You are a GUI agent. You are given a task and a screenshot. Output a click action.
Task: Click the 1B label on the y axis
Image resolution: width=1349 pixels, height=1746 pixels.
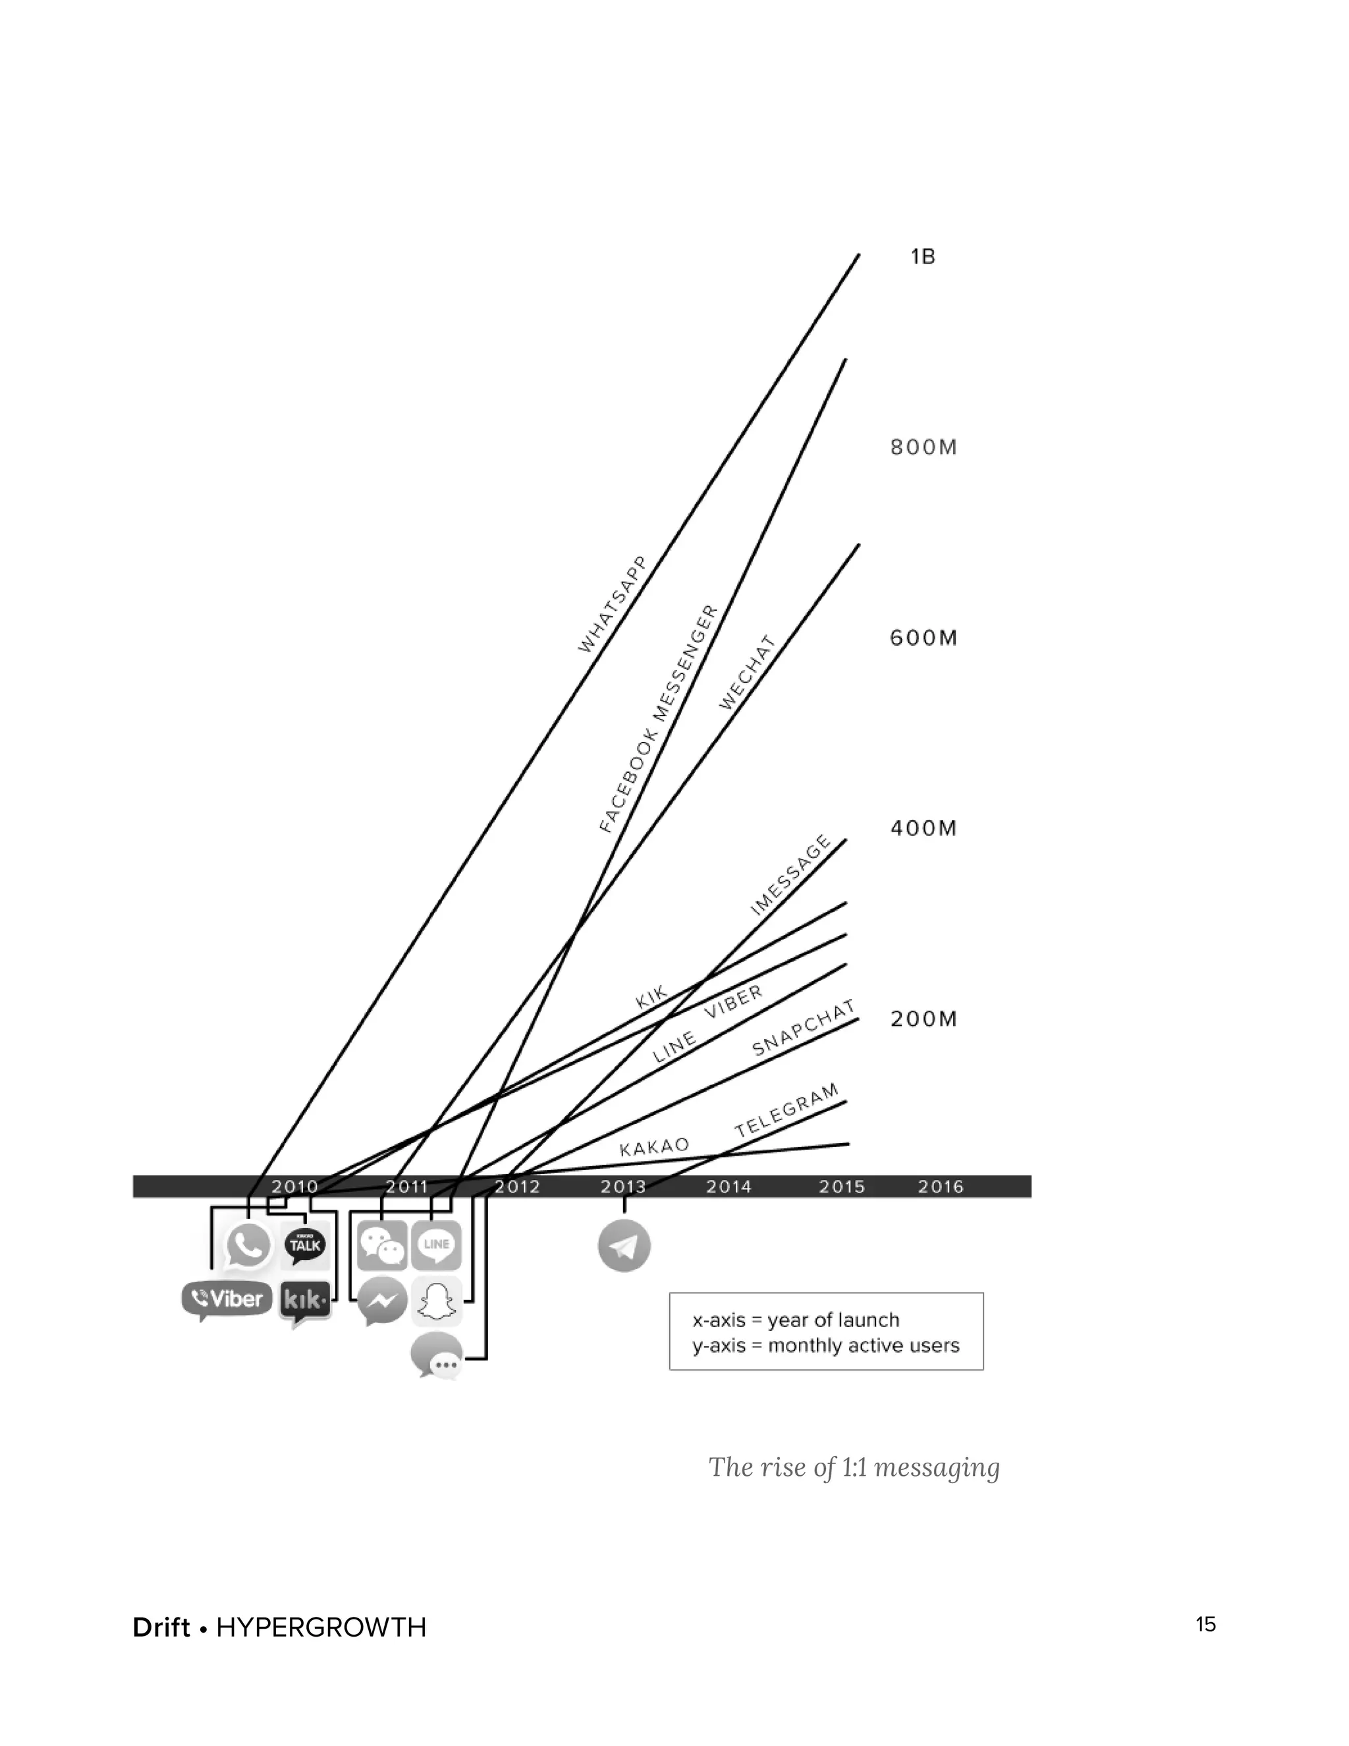[x=922, y=256]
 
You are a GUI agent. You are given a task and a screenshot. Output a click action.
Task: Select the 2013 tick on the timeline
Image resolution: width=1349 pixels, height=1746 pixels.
[x=623, y=1187]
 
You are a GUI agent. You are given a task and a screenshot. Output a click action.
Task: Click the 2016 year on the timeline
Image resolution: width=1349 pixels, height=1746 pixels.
[x=941, y=1187]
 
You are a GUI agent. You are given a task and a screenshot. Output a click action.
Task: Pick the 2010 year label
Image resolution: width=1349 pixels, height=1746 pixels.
[x=294, y=1187]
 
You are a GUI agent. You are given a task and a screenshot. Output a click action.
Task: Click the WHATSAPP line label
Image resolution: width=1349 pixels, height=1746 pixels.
[x=611, y=604]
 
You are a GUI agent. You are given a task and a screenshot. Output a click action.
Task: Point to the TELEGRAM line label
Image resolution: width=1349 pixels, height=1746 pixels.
[x=787, y=1110]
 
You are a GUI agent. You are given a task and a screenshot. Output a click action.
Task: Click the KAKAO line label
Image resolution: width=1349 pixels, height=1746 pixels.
[x=655, y=1146]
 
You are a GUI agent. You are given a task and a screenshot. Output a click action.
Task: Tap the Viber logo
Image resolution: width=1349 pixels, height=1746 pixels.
[x=227, y=1299]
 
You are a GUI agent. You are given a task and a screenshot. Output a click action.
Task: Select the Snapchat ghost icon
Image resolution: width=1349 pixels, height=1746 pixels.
[x=437, y=1301]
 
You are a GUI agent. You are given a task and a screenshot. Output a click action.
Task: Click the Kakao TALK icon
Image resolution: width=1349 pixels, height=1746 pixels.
[x=305, y=1245]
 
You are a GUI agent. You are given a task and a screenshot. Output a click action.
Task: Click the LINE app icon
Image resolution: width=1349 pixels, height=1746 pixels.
[x=436, y=1245]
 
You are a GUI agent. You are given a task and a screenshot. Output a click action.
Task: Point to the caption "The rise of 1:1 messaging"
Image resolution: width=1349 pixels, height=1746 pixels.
[x=854, y=1467]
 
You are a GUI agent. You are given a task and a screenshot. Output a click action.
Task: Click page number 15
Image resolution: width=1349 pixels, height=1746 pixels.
[x=1206, y=1623]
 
